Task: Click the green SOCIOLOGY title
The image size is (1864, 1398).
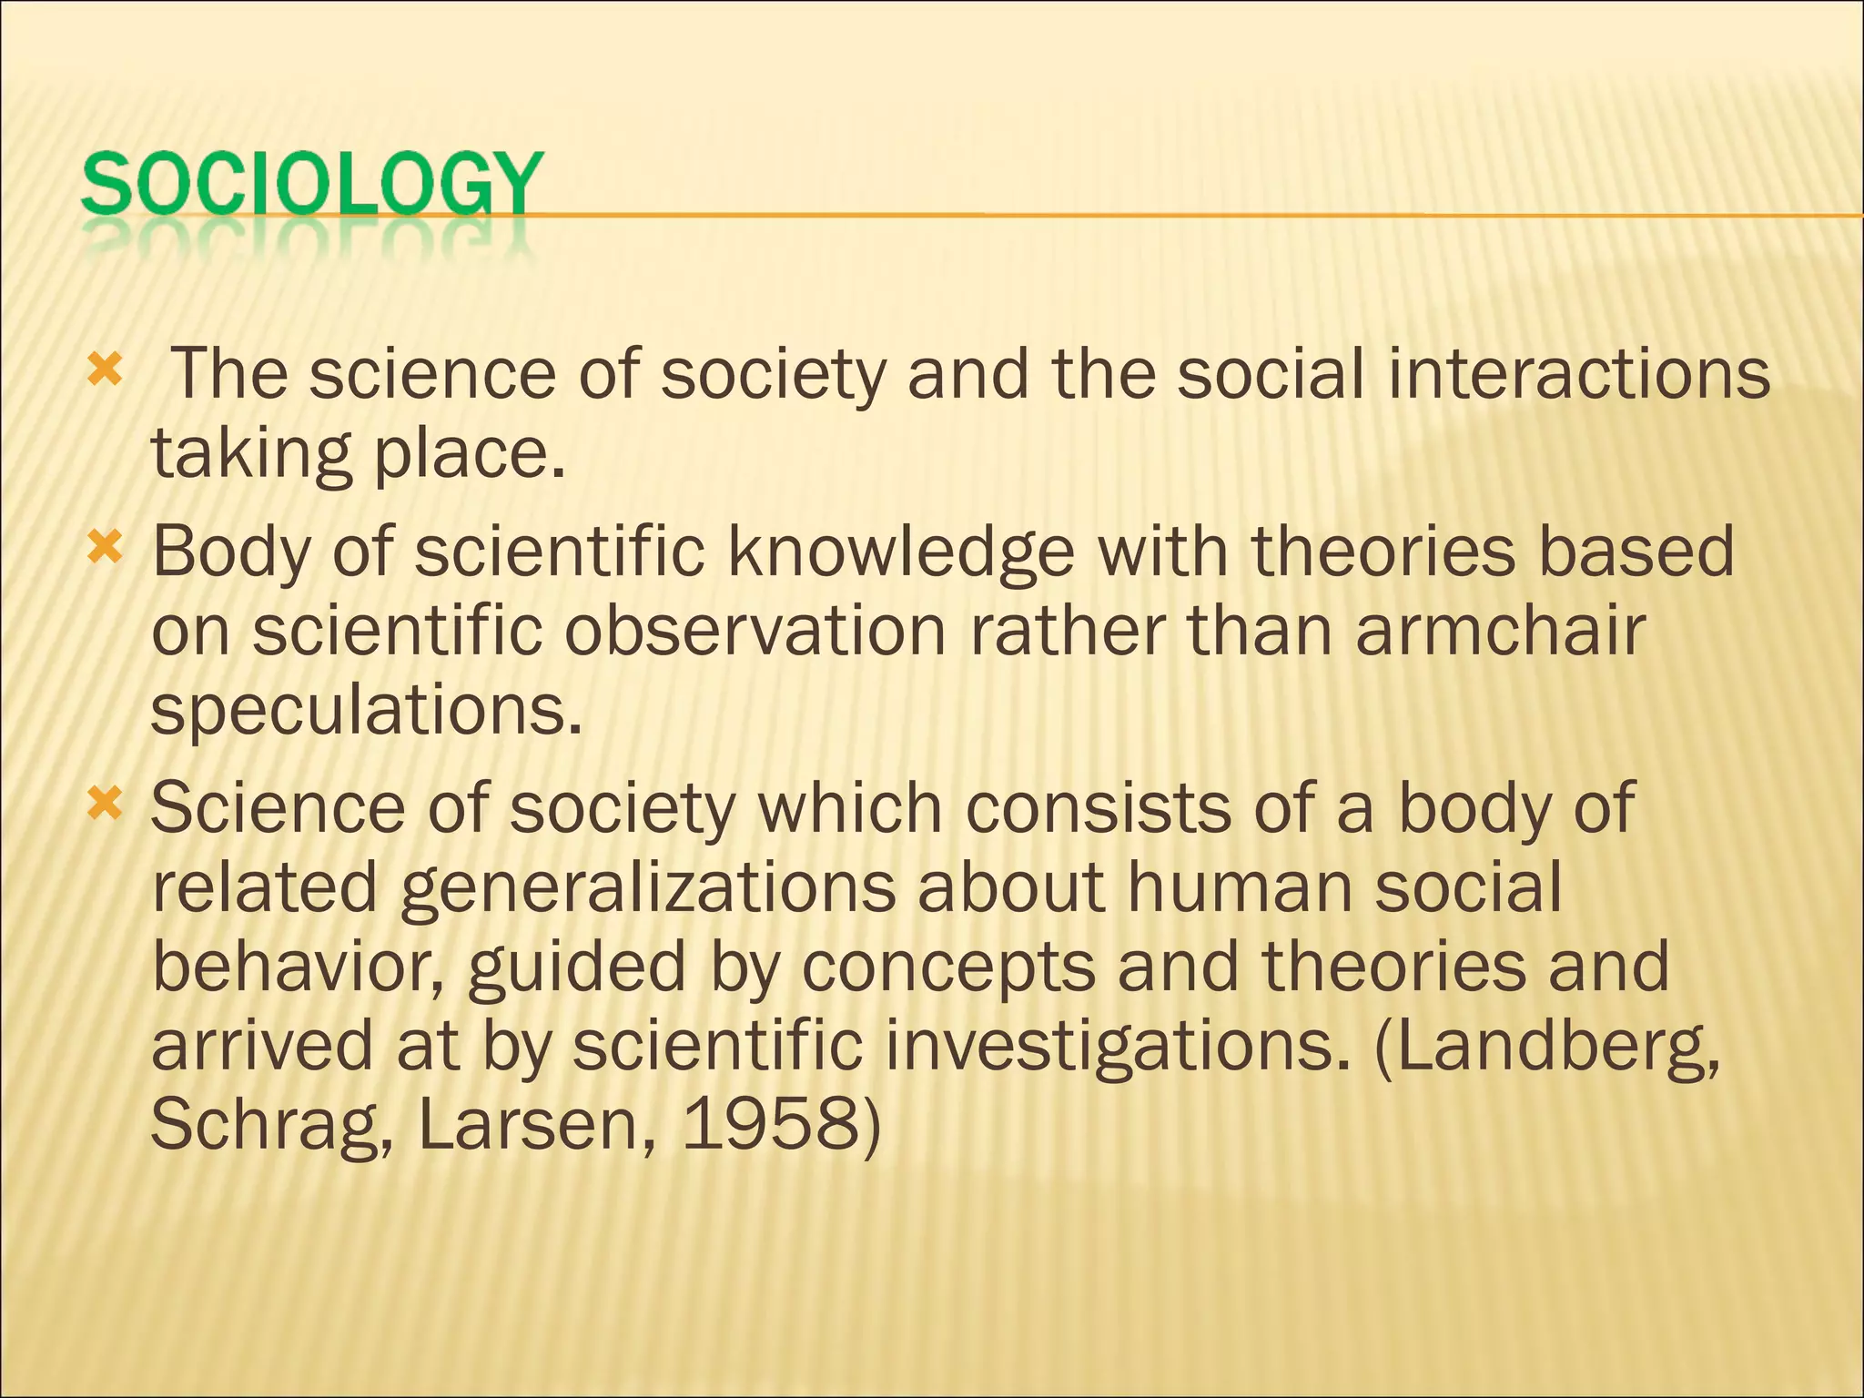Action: coord(311,185)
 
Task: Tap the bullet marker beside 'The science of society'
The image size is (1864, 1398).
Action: coord(104,370)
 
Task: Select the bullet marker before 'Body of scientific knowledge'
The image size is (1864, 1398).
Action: coord(104,547)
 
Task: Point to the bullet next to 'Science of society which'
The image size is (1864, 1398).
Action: coord(104,804)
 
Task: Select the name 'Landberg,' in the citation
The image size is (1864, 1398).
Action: coord(1547,1047)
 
